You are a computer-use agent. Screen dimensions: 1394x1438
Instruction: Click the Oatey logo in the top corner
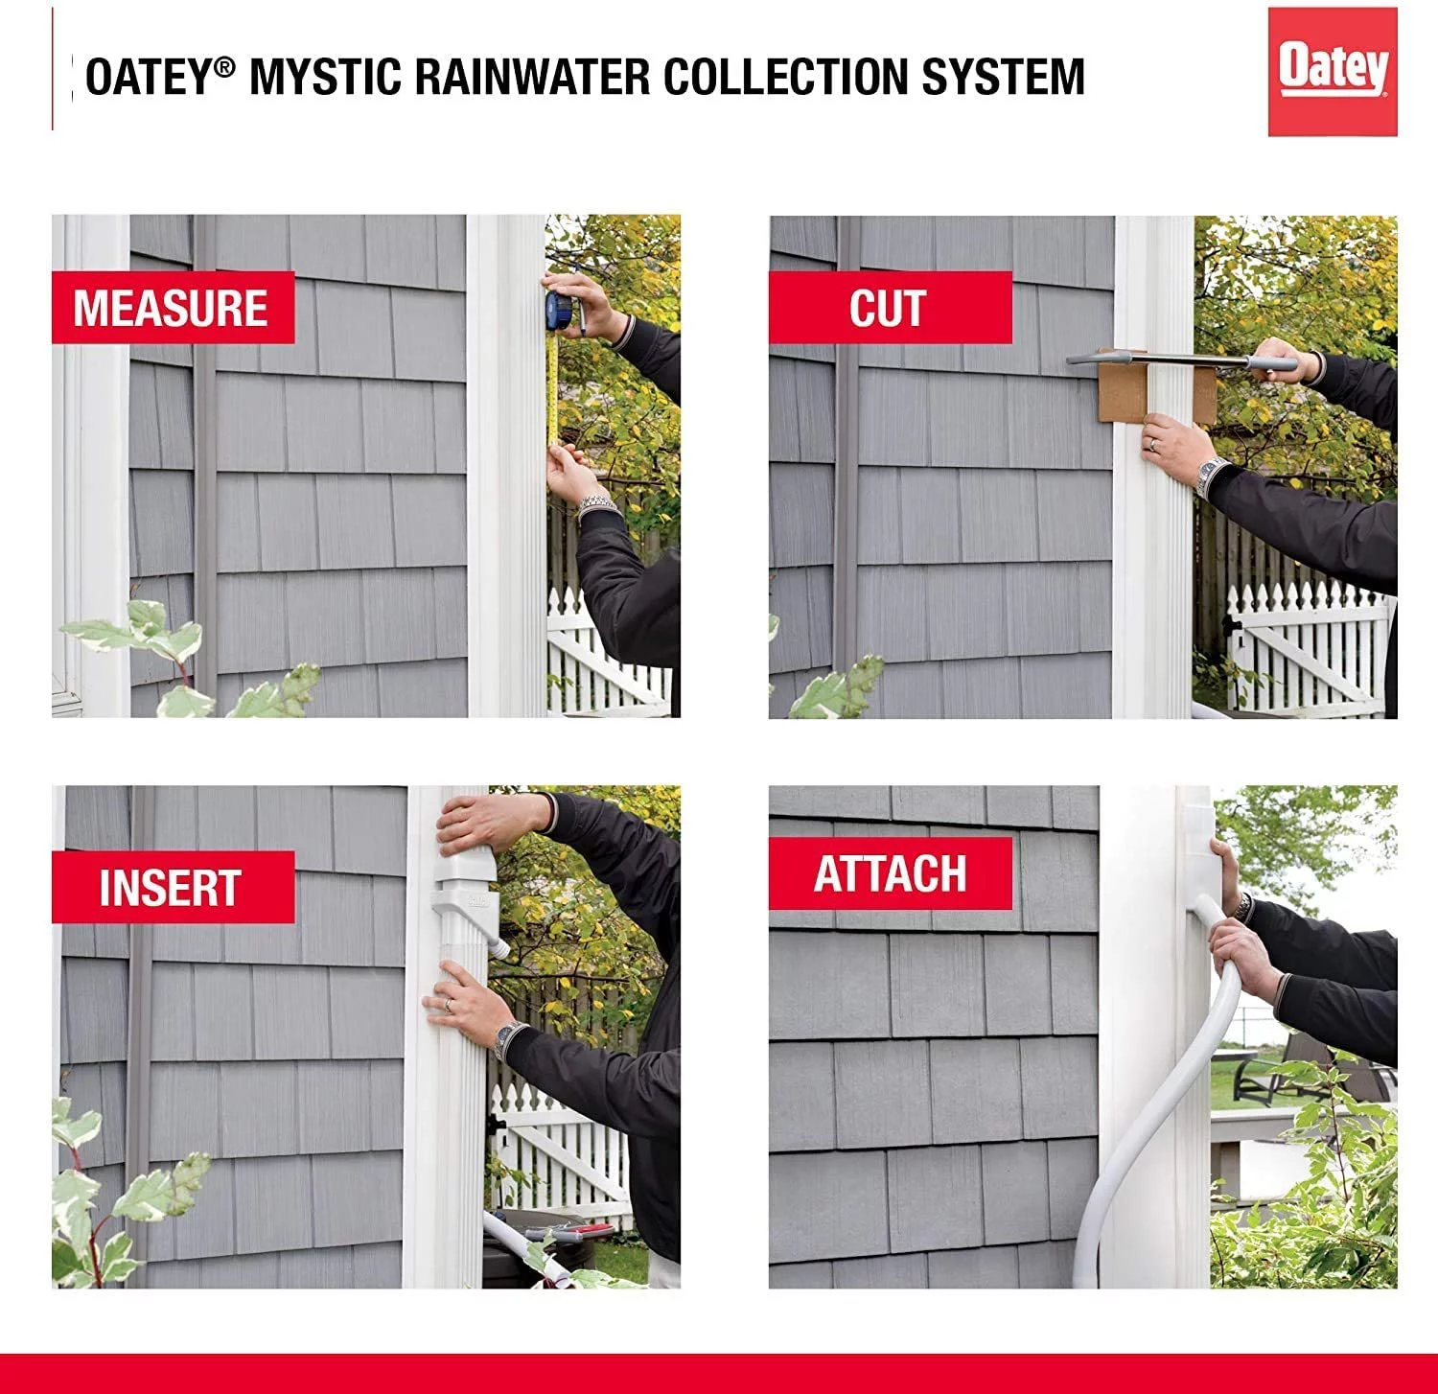[1332, 71]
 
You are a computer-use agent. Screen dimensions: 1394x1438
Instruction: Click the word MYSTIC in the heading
[325, 77]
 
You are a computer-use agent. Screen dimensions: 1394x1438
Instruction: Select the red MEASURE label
[173, 308]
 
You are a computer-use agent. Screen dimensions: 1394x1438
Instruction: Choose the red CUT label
[889, 308]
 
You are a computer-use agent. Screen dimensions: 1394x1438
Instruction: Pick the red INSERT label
[172, 888]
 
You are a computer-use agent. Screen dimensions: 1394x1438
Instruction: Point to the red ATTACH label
[890, 873]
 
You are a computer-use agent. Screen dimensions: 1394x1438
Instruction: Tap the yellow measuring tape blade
[553, 383]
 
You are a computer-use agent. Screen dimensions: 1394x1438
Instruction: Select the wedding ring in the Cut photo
[1151, 445]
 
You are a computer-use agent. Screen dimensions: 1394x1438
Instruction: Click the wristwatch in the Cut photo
[1211, 474]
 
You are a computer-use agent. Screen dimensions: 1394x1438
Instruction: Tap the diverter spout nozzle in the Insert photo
[499, 946]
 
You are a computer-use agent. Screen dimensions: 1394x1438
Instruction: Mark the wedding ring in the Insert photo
[448, 1004]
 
